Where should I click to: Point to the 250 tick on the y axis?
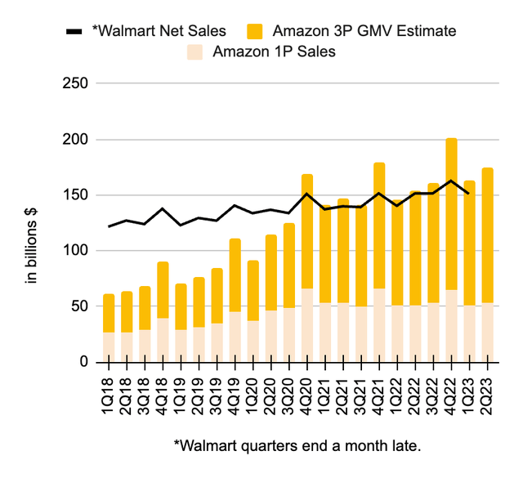point(75,84)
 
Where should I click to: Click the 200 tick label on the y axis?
point(75,140)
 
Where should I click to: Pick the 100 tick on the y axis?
point(75,251)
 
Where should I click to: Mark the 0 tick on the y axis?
point(83,362)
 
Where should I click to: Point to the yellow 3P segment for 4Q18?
point(163,290)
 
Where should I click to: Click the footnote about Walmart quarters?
point(296,445)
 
